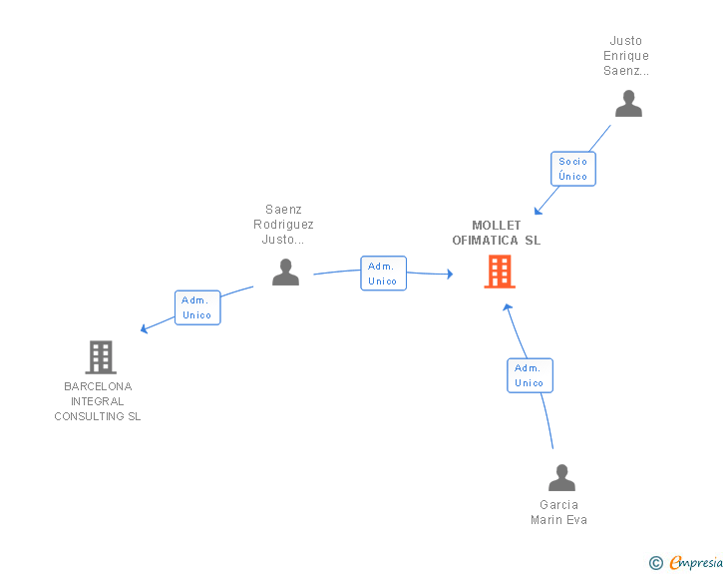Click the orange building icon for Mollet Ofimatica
[x=500, y=272]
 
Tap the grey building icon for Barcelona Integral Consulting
[x=100, y=356]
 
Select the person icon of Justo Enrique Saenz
[x=628, y=104]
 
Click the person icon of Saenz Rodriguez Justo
[x=285, y=272]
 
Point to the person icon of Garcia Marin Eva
[x=561, y=477]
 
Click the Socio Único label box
[x=573, y=169]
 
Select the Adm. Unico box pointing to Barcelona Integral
[x=197, y=307]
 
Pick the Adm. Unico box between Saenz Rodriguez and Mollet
[x=383, y=274]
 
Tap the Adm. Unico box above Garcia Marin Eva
[x=530, y=375]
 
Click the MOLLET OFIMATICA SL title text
[x=497, y=233]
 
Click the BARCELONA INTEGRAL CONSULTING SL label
[x=98, y=401]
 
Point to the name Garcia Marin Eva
[x=558, y=512]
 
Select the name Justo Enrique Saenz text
[x=626, y=56]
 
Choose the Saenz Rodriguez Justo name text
[x=283, y=225]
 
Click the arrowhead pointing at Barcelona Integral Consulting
[x=145, y=328]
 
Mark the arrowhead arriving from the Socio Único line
[x=538, y=210]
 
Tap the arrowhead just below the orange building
[x=507, y=306]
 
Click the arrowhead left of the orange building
[x=450, y=274]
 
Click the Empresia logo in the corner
[x=696, y=562]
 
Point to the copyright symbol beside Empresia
[x=656, y=563]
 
